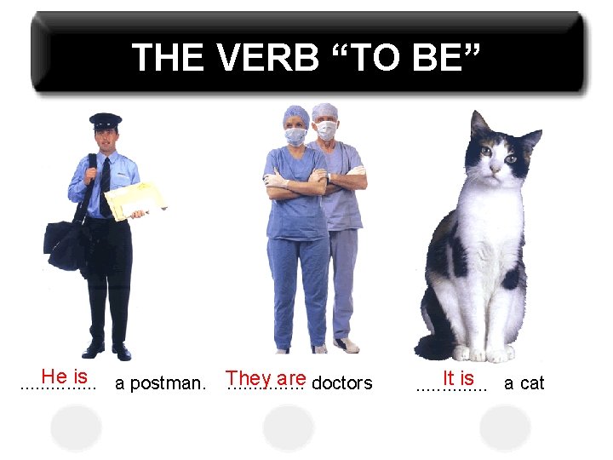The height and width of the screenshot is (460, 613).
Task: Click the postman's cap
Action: [x=106, y=120]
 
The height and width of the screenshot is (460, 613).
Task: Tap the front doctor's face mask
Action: [x=295, y=136]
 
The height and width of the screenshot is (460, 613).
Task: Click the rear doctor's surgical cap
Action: [x=324, y=112]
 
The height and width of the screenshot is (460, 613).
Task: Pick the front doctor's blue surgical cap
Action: [x=295, y=114]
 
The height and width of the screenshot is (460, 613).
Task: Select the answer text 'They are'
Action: [x=266, y=377]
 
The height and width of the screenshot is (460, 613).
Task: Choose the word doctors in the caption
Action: [x=342, y=383]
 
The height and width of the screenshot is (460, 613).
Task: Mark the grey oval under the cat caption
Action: [x=504, y=427]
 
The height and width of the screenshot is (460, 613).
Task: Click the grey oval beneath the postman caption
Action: [x=76, y=427]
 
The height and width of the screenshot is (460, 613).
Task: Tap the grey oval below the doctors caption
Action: [x=288, y=427]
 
